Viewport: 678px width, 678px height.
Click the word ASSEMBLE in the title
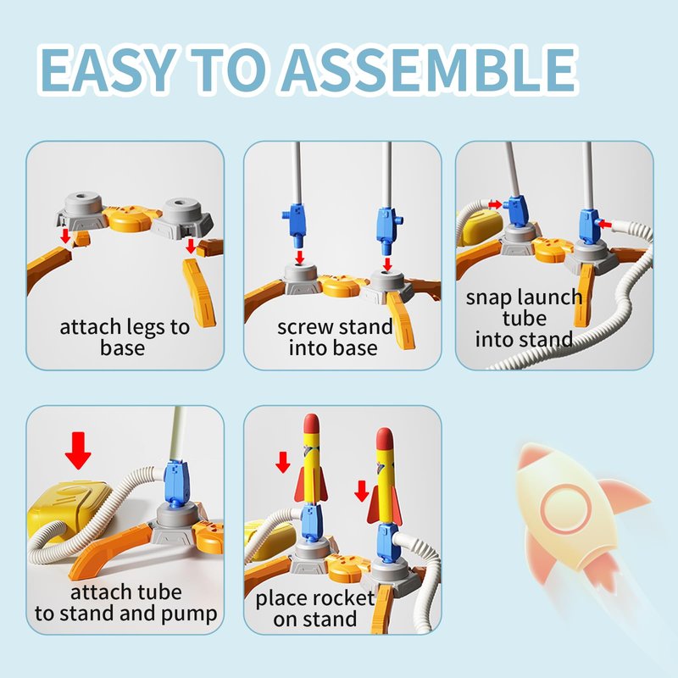pyautogui.click(x=430, y=69)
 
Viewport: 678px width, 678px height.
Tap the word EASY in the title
pyautogui.click(x=108, y=69)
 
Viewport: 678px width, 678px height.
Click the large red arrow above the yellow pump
pyautogui.click(x=78, y=451)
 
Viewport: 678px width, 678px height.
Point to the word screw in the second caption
pyautogui.click(x=304, y=327)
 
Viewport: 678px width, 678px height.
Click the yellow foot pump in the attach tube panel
pyautogui.click(x=67, y=510)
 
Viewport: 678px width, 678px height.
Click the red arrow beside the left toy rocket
pyautogui.click(x=283, y=462)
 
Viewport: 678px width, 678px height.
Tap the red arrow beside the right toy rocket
pyautogui.click(x=362, y=491)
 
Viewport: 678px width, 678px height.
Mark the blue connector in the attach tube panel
pyautogui.click(x=176, y=483)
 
